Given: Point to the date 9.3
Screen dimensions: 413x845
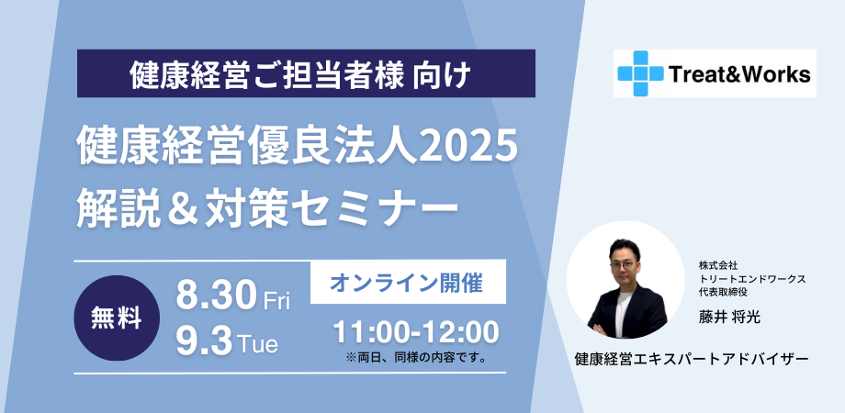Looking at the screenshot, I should coord(204,342).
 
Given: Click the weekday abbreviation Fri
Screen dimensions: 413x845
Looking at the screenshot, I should coord(276,301).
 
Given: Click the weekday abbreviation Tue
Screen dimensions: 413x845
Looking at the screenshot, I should coord(258,345).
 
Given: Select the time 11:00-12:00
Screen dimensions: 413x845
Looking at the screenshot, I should coord(416,330).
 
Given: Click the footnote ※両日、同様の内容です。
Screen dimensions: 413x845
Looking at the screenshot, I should coord(415,356).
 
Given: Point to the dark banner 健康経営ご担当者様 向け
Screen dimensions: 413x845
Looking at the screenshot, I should coord(306,73).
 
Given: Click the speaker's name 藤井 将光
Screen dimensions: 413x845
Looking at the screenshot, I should coord(730,317).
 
